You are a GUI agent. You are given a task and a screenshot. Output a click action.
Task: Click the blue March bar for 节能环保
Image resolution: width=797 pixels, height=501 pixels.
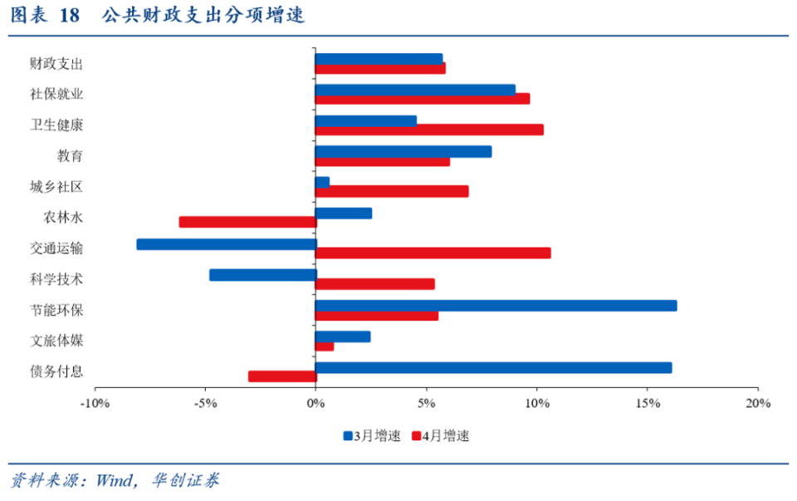[496, 306]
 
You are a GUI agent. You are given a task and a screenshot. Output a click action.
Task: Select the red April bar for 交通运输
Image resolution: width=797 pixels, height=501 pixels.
[433, 253]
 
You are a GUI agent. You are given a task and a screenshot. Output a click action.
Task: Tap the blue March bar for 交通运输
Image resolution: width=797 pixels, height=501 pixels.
[226, 244]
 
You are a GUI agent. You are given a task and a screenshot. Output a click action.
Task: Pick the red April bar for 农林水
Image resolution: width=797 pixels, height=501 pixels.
[247, 223]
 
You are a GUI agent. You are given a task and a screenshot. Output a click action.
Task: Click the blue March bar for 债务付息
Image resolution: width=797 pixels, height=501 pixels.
[493, 367]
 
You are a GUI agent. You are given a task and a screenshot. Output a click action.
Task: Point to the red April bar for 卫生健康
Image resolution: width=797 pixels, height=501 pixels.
[429, 130]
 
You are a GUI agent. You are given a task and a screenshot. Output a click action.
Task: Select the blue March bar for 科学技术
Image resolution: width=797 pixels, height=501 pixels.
[262, 275]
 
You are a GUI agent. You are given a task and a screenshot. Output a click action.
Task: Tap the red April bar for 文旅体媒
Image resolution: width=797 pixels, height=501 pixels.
[325, 346]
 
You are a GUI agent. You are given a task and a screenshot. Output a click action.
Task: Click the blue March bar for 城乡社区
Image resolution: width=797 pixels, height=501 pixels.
[322, 182]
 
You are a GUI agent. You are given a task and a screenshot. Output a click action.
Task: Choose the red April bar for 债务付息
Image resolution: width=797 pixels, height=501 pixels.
[282, 377]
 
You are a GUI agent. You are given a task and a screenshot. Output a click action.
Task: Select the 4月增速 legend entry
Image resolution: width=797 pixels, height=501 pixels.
[440, 435]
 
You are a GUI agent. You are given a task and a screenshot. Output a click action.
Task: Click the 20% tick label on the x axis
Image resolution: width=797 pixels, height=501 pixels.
[757, 404]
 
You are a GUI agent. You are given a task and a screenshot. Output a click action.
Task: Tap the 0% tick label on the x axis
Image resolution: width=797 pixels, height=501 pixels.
[315, 404]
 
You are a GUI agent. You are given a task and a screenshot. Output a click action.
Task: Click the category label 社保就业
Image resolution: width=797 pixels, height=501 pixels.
[56, 94]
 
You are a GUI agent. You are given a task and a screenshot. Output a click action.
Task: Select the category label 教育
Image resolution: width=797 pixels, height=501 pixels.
[70, 155]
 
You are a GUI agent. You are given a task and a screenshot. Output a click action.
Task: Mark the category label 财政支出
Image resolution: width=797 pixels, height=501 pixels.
[56, 63]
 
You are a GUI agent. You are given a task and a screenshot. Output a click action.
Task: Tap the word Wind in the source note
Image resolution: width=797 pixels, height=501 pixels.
[114, 481]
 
